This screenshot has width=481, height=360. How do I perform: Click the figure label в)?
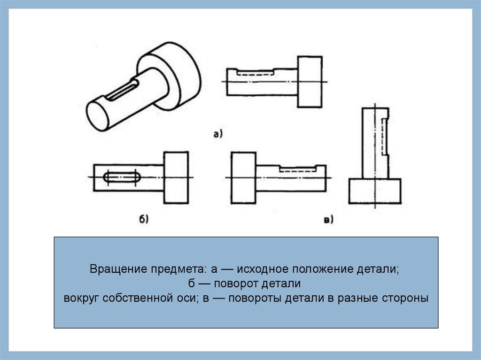click(x=328, y=219)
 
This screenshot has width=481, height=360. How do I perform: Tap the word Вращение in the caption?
click(x=118, y=270)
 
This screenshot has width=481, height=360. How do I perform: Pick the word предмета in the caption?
click(x=178, y=270)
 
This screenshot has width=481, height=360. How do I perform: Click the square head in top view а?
click(x=310, y=82)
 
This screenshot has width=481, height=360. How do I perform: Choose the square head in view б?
click(x=176, y=177)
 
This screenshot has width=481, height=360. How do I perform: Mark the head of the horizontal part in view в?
click(x=243, y=177)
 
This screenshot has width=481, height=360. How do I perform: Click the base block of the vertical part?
click(x=375, y=191)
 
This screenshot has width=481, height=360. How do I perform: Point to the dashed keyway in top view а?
click(x=256, y=73)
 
